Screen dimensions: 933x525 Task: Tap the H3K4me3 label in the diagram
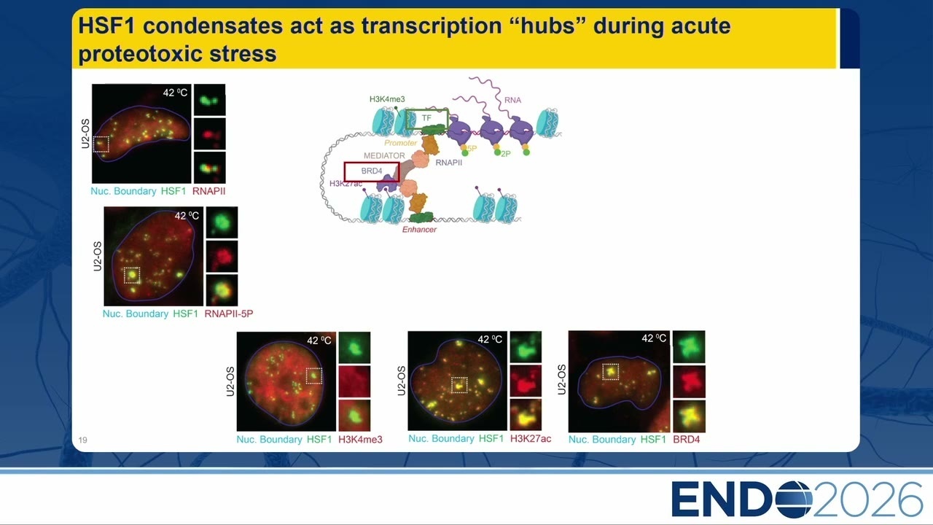[x=387, y=99]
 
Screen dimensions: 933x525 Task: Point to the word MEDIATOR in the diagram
[x=384, y=155]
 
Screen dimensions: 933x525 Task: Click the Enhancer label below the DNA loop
[x=419, y=230]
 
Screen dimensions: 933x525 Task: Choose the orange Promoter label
[x=400, y=143]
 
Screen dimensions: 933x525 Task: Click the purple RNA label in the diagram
[x=512, y=100]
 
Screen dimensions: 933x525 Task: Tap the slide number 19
[x=82, y=440]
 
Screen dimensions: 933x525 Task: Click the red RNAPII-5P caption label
[x=229, y=314]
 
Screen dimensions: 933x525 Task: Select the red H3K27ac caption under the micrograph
[x=531, y=439]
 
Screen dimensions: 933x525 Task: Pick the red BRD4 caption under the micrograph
[x=687, y=440]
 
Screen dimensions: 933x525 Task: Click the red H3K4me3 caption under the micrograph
[x=360, y=440]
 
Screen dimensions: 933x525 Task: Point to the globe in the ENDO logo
[x=795, y=498]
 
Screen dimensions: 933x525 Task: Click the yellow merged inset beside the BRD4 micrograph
[x=689, y=416]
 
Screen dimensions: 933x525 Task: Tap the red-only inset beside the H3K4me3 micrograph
[x=354, y=381]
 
